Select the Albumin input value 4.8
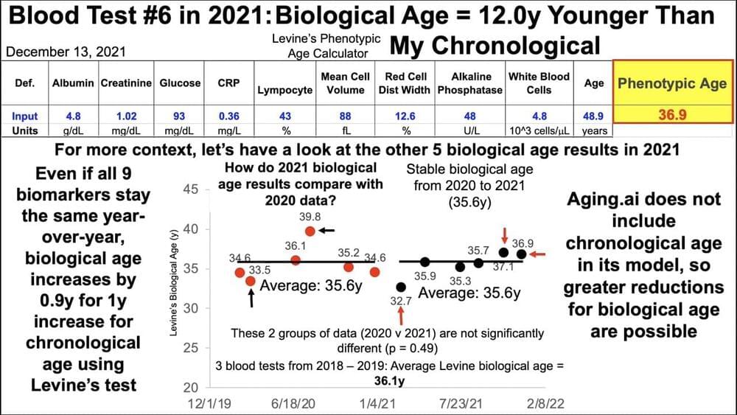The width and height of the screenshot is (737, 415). pyautogui.click(x=72, y=116)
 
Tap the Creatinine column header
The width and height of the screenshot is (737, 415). pyautogui.click(x=126, y=83)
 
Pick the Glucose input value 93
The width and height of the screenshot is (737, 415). pyautogui.click(x=180, y=116)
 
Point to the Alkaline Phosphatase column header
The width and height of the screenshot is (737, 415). pyautogui.click(x=469, y=83)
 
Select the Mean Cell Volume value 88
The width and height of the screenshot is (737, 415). pyautogui.click(x=343, y=116)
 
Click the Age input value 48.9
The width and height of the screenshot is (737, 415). pyautogui.click(x=594, y=116)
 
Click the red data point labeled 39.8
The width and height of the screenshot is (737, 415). pyautogui.click(x=310, y=231)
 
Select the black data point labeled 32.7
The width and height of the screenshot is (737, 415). pyautogui.click(x=401, y=286)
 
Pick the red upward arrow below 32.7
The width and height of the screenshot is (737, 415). pyautogui.click(x=401, y=315)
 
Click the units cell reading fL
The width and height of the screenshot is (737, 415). pyautogui.click(x=343, y=130)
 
